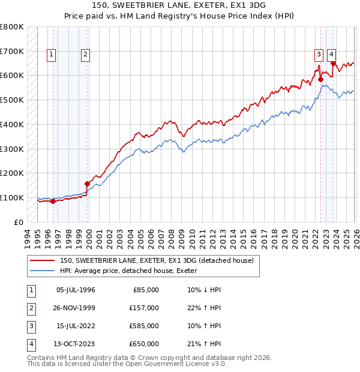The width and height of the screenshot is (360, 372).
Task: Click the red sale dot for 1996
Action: (53, 201)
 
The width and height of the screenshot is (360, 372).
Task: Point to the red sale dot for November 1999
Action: (88, 184)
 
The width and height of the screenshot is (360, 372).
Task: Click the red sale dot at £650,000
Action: (332, 62)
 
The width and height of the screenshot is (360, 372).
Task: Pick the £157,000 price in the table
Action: (144, 308)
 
